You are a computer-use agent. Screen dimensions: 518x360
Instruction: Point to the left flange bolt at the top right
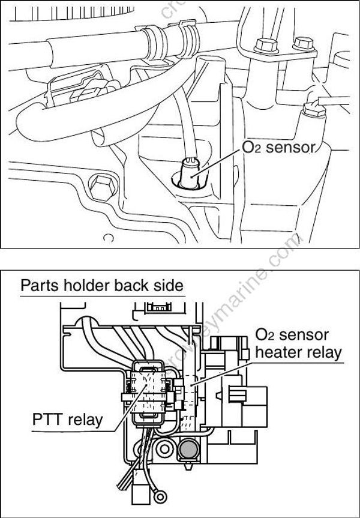262,46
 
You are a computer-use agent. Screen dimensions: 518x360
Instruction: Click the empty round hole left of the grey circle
163,448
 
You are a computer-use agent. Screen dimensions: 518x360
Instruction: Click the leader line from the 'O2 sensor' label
222,159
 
